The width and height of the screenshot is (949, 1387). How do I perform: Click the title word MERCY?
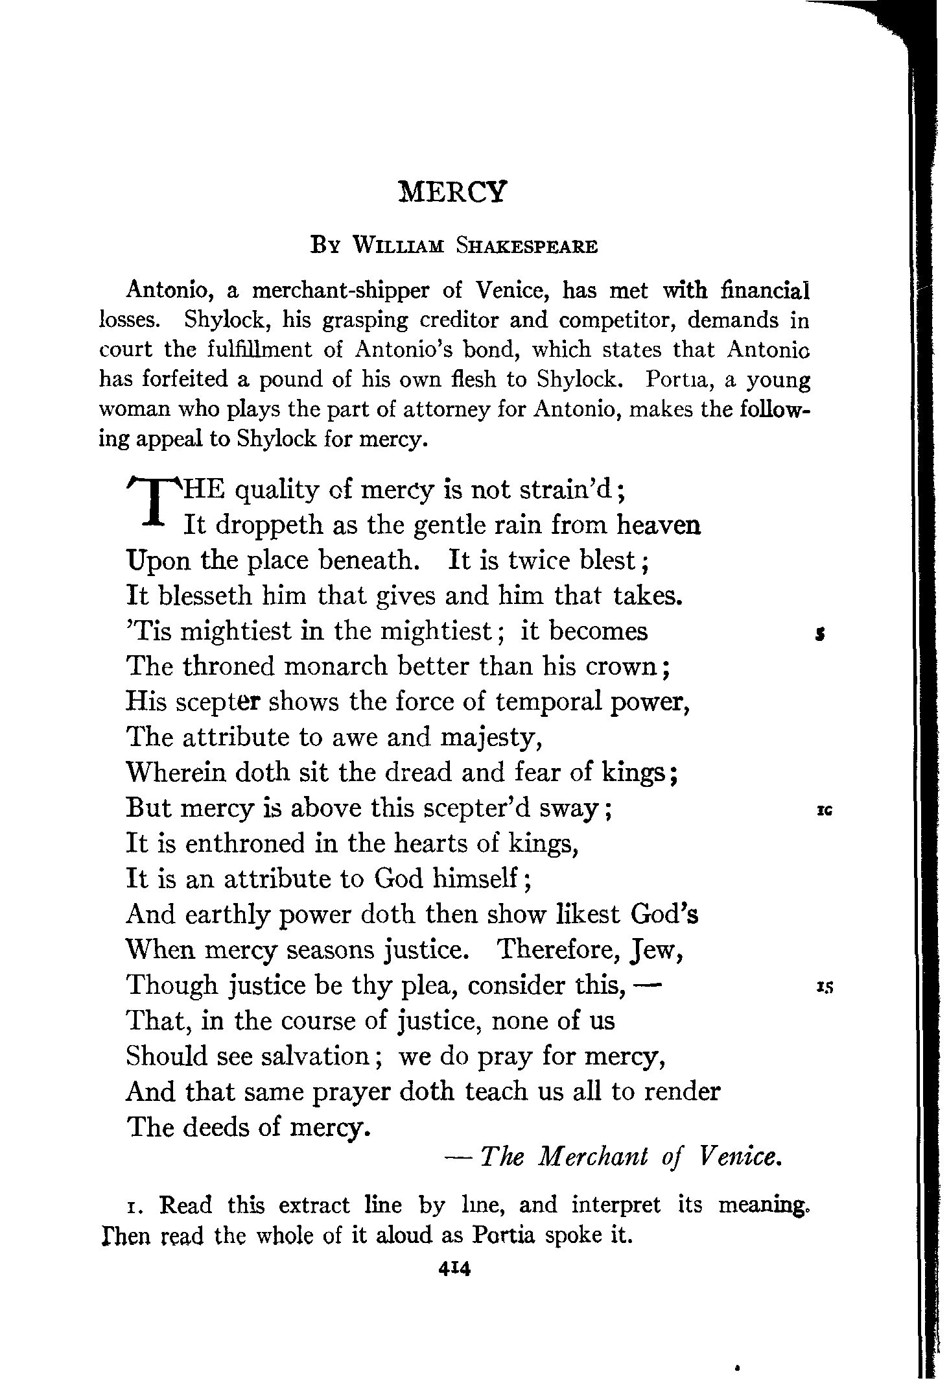[x=452, y=193]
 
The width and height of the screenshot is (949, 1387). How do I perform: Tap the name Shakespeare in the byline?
[x=526, y=247]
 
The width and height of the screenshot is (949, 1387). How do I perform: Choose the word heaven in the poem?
[x=659, y=524]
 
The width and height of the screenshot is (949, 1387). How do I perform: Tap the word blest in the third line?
[x=607, y=560]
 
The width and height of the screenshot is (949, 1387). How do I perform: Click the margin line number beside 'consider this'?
[x=825, y=987]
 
